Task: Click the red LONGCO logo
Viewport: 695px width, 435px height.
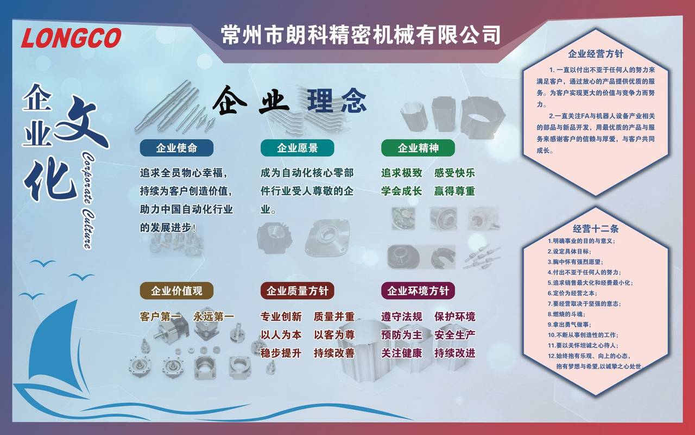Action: click(71, 38)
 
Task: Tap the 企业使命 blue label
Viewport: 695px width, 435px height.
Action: click(176, 148)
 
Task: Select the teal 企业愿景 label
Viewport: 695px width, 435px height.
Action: click(297, 148)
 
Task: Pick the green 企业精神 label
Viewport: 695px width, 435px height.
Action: click(418, 148)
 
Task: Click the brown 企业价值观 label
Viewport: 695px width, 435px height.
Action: click(176, 291)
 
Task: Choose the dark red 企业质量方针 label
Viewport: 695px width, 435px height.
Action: click(297, 291)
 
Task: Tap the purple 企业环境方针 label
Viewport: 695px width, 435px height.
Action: click(418, 291)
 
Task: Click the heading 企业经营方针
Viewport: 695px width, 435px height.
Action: click(596, 54)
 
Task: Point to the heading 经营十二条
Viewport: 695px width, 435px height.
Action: click(596, 229)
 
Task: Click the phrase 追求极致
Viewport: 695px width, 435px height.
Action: click(401, 173)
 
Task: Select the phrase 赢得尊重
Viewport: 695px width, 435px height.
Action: click(454, 191)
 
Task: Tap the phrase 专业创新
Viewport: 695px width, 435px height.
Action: click(281, 316)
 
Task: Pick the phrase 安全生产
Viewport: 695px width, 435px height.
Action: click(454, 335)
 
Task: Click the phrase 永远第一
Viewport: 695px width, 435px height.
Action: click(214, 316)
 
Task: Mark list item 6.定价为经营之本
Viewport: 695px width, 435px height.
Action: click(572, 293)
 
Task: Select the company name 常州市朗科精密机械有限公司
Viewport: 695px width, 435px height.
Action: click(361, 34)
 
